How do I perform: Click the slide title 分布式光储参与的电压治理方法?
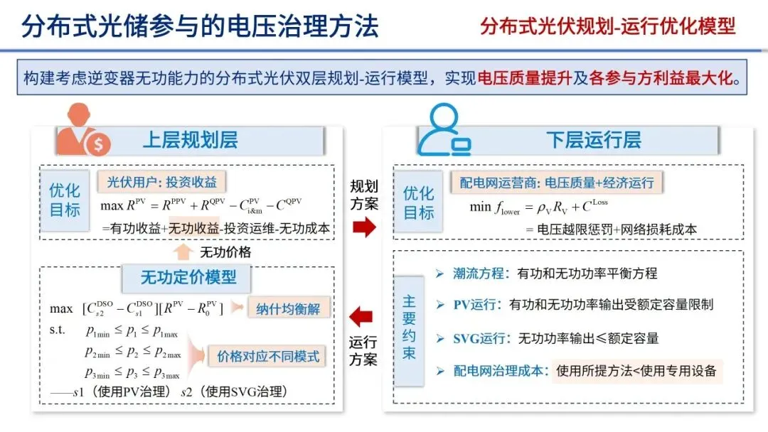click(x=200, y=26)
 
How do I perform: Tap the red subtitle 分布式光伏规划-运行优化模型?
click(x=607, y=26)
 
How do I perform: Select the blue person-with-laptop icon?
click(x=444, y=131)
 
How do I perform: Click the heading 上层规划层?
click(x=190, y=140)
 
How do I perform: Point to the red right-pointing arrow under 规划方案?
click(x=363, y=227)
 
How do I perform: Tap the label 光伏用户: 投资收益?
click(x=161, y=182)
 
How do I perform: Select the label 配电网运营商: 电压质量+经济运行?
click(x=556, y=183)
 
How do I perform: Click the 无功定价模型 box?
click(x=188, y=277)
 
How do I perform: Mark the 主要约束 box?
click(x=409, y=327)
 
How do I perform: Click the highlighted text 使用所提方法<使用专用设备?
click(x=636, y=370)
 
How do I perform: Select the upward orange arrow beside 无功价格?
click(x=183, y=252)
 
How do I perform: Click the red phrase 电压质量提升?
click(x=526, y=78)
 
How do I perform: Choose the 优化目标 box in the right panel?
click(x=419, y=202)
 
